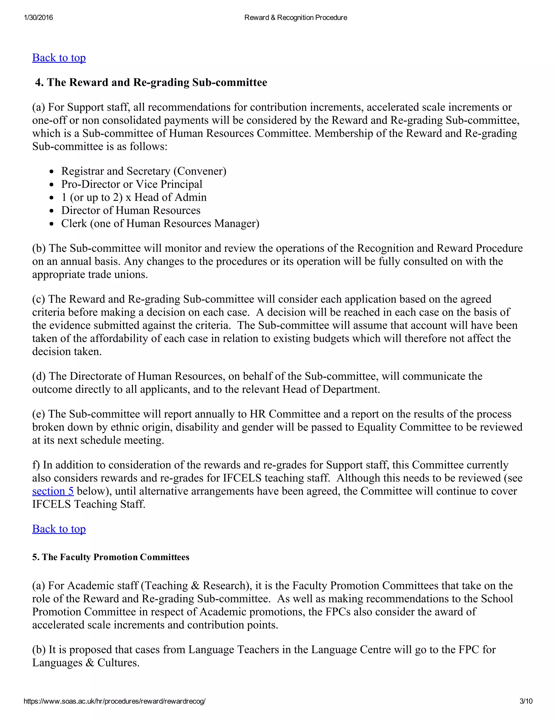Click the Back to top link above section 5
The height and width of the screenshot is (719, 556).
[x=59, y=529]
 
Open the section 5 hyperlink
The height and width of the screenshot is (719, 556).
[x=53, y=491]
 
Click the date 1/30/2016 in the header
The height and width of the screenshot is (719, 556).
[x=39, y=17]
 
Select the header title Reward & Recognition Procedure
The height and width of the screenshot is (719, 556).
[x=295, y=17]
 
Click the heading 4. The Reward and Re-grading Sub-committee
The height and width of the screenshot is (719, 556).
[x=151, y=82]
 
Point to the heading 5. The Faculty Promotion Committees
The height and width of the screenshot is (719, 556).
[x=111, y=557]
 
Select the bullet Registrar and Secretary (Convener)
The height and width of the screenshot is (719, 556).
[x=144, y=171]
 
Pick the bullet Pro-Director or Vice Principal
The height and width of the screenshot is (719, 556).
[x=131, y=184]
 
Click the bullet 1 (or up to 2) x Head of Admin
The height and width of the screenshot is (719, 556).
[x=134, y=197]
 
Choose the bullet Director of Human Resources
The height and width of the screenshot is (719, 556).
[x=130, y=210]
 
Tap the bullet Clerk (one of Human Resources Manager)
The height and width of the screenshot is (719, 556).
[x=160, y=224]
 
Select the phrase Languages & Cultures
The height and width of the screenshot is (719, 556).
[x=86, y=663]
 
